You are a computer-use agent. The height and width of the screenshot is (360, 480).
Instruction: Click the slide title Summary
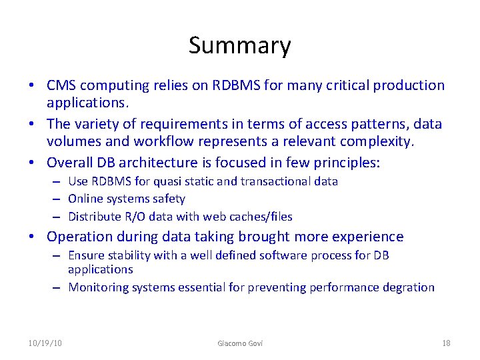point(239,45)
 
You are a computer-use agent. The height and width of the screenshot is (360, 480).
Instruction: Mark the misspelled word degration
point(409,287)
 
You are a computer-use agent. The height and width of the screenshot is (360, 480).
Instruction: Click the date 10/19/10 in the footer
point(46,343)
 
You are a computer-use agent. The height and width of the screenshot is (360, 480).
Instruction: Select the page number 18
point(446,343)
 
